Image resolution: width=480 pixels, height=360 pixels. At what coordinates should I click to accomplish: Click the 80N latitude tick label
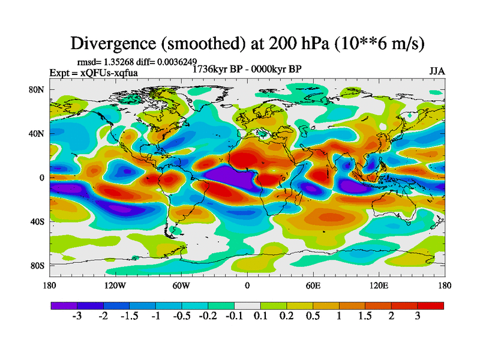(38, 90)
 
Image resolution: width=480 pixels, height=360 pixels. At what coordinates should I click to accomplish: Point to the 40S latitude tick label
(38, 221)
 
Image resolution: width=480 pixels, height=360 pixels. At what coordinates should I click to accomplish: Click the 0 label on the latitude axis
(43, 178)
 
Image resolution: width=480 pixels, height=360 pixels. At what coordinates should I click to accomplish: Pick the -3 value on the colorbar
(77, 317)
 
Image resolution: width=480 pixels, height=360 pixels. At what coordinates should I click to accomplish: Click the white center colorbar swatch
(247, 305)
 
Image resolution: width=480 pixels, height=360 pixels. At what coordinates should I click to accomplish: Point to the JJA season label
(437, 71)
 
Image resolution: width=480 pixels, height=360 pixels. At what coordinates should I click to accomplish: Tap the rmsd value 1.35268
(118, 61)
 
